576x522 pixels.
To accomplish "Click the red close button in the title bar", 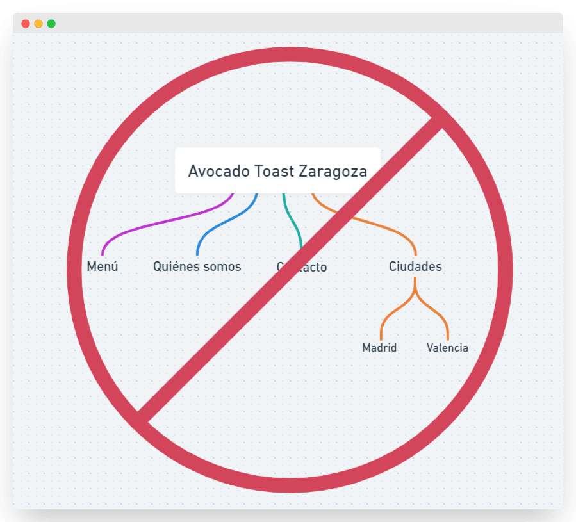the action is (x=26, y=24).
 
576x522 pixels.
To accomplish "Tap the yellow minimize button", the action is (x=38, y=24).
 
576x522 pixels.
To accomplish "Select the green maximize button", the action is (x=51, y=24).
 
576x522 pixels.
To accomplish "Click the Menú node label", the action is (x=103, y=266).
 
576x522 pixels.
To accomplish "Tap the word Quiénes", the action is (x=173, y=266).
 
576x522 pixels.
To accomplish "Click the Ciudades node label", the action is (x=415, y=266).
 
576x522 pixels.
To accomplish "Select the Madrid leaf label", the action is (x=379, y=348).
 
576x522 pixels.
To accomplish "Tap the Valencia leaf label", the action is (x=447, y=348).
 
